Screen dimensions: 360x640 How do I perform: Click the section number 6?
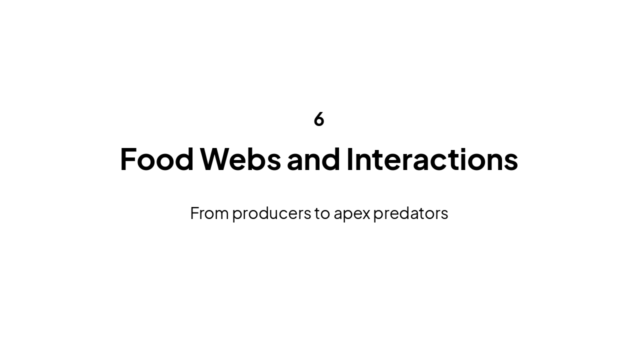click(x=319, y=119)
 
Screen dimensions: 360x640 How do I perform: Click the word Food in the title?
click(x=156, y=159)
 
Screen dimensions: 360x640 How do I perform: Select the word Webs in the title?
click(x=240, y=159)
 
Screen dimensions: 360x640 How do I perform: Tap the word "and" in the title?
click(x=313, y=159)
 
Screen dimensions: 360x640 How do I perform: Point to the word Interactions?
click(x=432, y=159)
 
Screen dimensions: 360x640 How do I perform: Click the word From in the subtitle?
click(x=209, y=213)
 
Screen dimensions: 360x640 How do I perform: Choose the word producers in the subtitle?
click(x=271, y=213)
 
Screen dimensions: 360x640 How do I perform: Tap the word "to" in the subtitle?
click(x=322, y=213)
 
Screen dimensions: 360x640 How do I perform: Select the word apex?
click(x=352, y=213)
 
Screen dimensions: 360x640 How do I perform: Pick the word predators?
click(x=410, y=213)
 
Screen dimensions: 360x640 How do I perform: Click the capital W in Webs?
click(x=215, y=159)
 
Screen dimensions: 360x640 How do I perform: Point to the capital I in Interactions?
click(x=350, y=159)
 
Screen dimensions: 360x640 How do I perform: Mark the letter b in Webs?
click(x=259, y=159)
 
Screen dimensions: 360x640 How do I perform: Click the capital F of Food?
click(x=128, y=159)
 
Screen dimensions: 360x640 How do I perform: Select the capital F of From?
click(x=194, y=213)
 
